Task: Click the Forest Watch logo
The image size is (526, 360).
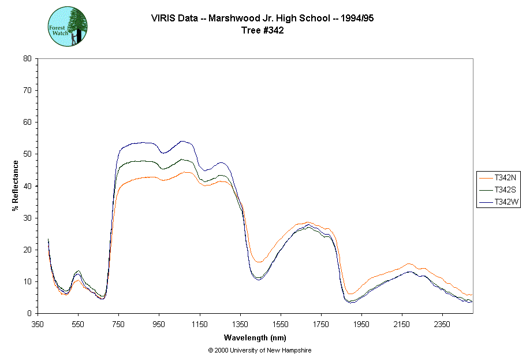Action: (68, 27)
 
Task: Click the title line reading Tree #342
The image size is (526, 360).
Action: (263, 31)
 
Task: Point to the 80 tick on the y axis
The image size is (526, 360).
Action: (38, 58)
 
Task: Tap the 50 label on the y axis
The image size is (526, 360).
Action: (27, 154)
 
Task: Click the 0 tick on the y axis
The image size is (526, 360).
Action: (38, 313)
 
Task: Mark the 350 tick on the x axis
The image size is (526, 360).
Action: (38, 313)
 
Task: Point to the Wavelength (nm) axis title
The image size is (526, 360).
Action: (255, 337)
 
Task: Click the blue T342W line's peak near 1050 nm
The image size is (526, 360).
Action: (182, 141)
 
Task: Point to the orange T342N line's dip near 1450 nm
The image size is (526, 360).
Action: (258, 262)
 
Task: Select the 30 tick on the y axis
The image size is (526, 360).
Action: (38, 218)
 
